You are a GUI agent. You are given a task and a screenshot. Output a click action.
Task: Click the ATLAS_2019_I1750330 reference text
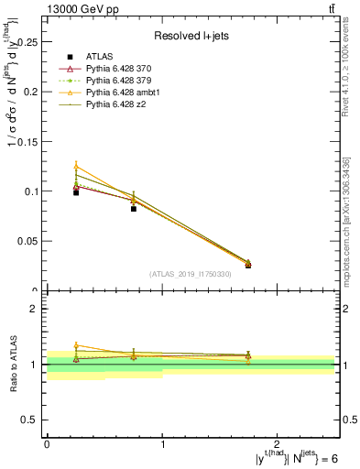[190, 274]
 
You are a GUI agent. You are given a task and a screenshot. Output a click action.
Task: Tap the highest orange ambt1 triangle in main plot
[76, 166]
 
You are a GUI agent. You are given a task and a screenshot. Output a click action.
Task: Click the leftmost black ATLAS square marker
[76, 192]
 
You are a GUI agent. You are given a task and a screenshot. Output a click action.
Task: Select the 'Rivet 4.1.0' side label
[346, 73]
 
